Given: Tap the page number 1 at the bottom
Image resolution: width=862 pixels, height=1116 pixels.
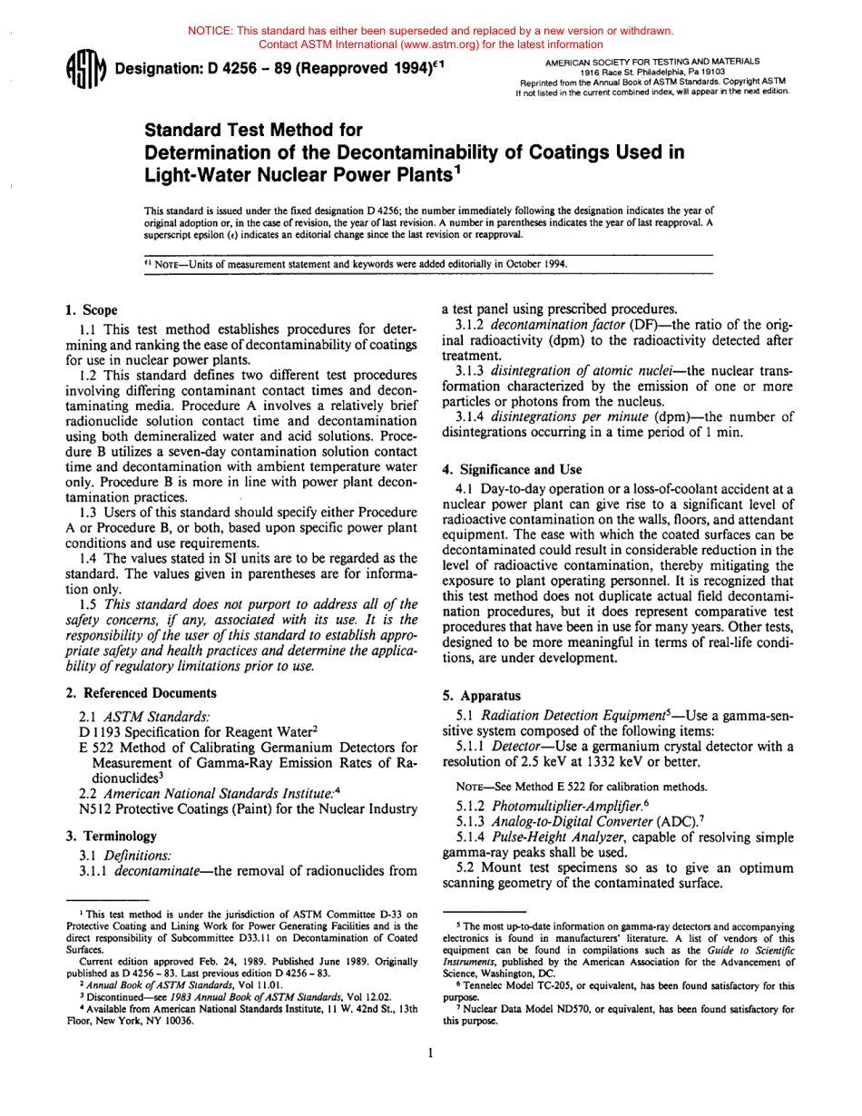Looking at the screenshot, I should (x=431, y=1052).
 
